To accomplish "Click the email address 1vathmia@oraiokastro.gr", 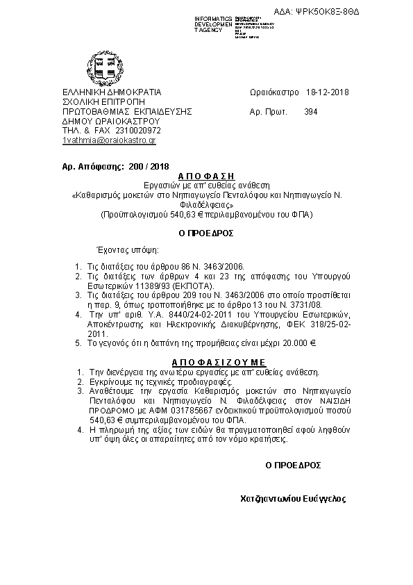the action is click(109, 140).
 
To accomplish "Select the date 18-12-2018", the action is click(327, 92).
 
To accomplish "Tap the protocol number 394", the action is click(310, 111).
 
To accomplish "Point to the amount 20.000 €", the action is click(298, 343).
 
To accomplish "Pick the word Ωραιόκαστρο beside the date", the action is click(273, 92).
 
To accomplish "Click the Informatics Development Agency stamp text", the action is click(212, 24).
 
